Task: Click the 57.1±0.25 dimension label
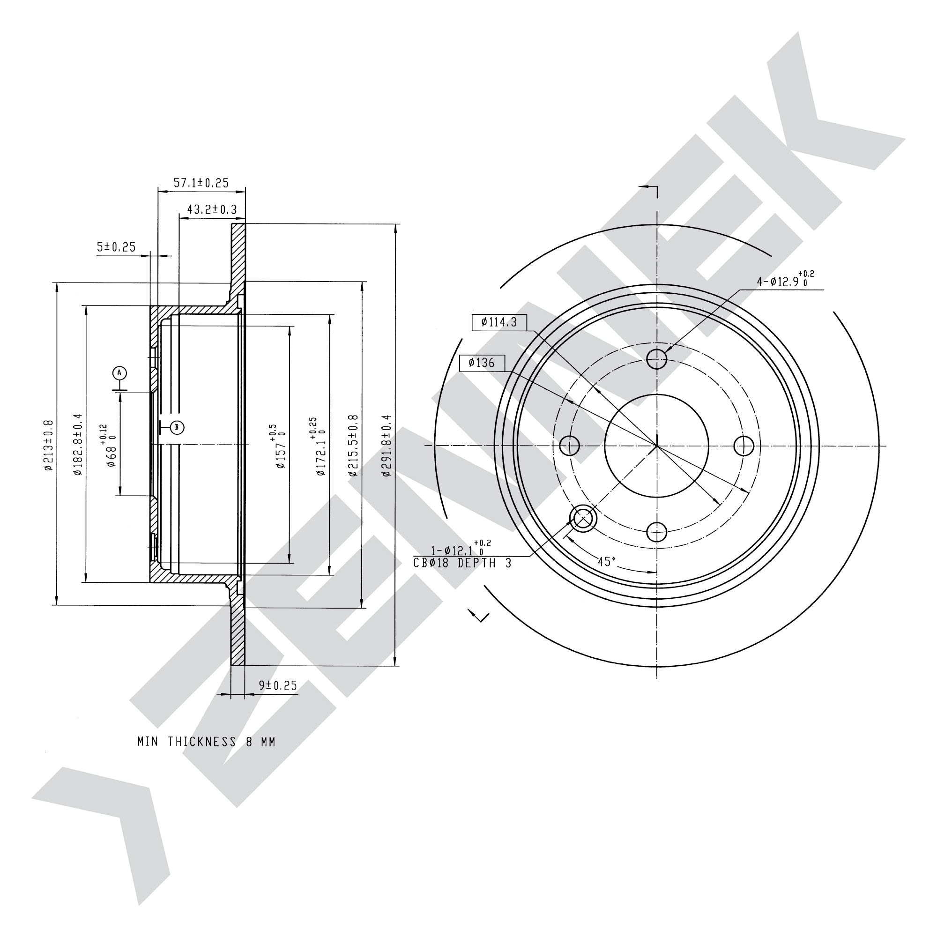coord(201,182)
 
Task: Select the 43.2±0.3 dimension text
coord(212,209)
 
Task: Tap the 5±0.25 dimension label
coord(116,247)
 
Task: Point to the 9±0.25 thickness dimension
coord(277,685)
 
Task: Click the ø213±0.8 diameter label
coord(47,445)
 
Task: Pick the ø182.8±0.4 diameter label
coord(78,444)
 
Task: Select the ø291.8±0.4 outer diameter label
coord(386,445)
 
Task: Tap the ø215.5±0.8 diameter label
coord(353,445)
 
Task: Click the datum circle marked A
coord(119,373)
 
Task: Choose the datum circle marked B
coord(177,427)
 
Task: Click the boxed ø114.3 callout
coord(499,322)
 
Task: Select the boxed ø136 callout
coord(482,363)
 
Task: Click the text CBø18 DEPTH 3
coord(463,564)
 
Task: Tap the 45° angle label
coord(606,562)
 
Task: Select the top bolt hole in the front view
coord(657,358)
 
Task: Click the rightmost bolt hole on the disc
coord(744,446)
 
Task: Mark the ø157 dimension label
coord(281,445)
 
